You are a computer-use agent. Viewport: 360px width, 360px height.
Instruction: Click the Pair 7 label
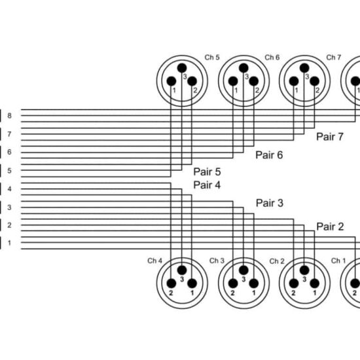pos(330,137)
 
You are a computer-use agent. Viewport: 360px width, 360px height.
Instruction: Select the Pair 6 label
pos(269,155)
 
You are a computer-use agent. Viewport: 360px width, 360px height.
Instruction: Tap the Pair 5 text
pos(207,171)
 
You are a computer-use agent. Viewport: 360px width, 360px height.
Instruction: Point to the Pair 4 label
pos(207,185)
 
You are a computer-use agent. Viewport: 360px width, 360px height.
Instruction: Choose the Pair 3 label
pos(270,203)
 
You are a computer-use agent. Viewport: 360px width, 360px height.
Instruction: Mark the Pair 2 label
pos(330,227)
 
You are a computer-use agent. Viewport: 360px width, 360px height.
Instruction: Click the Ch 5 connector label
pos(212,57)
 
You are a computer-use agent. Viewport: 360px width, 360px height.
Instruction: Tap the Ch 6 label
pos(272,57)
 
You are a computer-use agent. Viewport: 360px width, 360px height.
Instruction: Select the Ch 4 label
pos(154,261)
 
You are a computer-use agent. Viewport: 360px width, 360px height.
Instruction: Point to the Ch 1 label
pos(338,261)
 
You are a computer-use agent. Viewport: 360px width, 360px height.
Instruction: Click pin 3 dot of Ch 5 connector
pos(182,68)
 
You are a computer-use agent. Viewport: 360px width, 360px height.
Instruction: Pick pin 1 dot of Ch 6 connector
pos(233,81)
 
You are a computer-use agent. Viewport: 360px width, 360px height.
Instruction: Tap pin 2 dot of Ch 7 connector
pos(315,81)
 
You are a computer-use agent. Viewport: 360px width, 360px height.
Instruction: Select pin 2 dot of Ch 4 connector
pos(171,283)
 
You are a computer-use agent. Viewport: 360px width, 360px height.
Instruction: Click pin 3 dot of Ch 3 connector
pos(243,270)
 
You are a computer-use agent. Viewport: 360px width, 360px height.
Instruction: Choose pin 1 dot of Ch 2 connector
pos(315,283)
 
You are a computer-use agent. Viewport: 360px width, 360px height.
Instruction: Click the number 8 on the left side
pos(9,115)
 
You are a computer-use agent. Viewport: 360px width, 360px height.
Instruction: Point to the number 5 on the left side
pos(9,171)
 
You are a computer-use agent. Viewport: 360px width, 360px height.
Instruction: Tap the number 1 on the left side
pos(9,243)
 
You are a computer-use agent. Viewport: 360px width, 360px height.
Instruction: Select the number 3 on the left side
pos(9,207)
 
